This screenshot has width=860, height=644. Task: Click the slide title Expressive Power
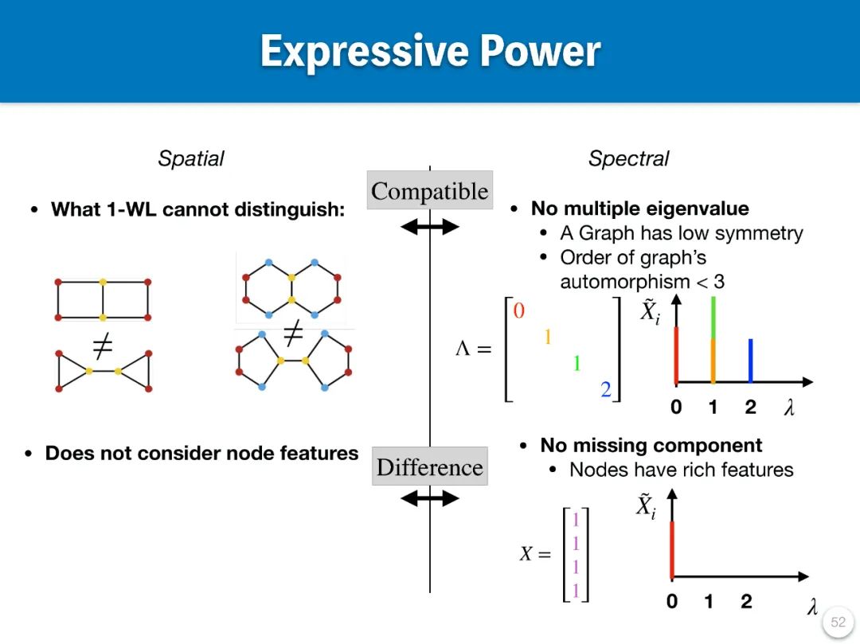tap(430, 51)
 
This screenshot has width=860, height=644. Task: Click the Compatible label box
tap(429, 191)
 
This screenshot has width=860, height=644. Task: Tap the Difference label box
tap(430, 466)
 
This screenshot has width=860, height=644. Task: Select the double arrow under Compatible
tap(430, 227)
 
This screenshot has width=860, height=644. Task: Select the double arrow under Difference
tap(430, 499)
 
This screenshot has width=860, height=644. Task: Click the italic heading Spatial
tap(190, 158)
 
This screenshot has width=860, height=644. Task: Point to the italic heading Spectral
tap(628, 158)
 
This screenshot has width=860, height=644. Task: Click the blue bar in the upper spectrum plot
tap(750, 361)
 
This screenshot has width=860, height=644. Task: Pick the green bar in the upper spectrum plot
tap(713, 317)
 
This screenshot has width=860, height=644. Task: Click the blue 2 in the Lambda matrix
tap(606, 389)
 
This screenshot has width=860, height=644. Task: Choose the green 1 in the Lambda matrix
tap(577, 364)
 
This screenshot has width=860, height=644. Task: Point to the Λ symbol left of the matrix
tap(463, 349)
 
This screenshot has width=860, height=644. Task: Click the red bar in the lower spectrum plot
tap(672, 549)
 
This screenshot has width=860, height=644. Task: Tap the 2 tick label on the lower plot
tap(746, 602)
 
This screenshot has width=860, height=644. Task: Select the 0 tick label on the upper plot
tap(676, 408)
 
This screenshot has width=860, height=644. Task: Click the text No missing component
tap(651, 445)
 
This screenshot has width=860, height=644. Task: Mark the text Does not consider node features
tap(201, 453)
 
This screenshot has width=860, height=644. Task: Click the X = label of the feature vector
tap(535, 553)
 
